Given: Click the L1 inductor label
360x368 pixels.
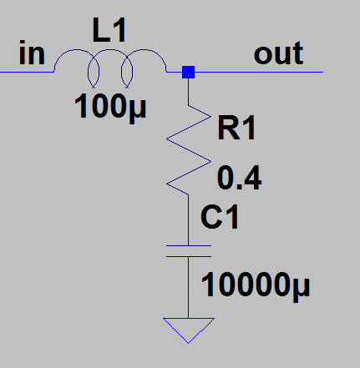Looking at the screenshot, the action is click(x=109, y=30).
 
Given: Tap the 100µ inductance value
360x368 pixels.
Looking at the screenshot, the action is click(x=110, y=108).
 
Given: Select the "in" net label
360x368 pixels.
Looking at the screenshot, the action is click(x=32, y=53).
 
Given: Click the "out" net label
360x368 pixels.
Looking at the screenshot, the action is click(x=278, y=53).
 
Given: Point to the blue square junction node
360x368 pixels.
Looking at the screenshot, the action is click(x=188, y=72).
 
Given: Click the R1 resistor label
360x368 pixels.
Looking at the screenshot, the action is click(x=236, y=128).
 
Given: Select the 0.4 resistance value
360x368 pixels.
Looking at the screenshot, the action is click(x=239, y=178).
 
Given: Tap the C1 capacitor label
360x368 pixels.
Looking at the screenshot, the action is click(x=220, y=216).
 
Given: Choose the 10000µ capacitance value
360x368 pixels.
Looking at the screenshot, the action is click(x=256, y=286).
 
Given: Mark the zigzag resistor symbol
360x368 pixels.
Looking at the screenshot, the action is click(x=189, y=149).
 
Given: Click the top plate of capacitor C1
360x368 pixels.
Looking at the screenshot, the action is click(x=189, y=245).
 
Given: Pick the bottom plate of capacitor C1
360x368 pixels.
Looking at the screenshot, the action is click(x=189, y=256).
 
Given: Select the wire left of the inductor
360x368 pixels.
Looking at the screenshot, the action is click(x=27, y=72).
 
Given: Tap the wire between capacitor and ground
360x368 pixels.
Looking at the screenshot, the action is click(x=189, y=287).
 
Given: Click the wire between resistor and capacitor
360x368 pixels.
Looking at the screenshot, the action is click(x=189, y=219).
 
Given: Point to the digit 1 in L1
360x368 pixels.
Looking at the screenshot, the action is click(x=119, y=30).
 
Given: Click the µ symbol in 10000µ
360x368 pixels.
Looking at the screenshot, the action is click(x=302, y=290).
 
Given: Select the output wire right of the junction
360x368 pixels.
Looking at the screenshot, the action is click(x=259, y=72).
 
